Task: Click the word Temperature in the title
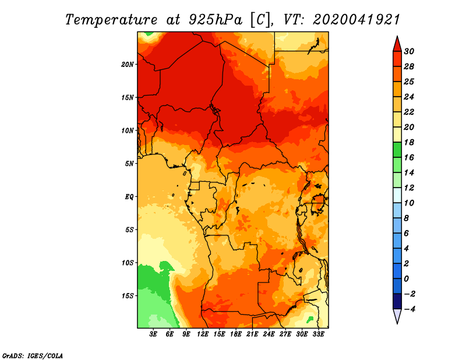(111, 20)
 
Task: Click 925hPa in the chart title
(216, 20)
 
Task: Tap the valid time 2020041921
(356, 20)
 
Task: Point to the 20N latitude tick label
(127, 65)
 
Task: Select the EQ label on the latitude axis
(129, 197)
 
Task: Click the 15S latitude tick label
(127, 296)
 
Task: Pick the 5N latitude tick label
(129, 164)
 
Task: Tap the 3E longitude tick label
(153, 334)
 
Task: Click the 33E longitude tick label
(318, 334)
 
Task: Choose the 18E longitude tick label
(236, 334)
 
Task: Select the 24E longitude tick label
(269, 334)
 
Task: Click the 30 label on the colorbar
(409, 51)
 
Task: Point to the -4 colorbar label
(409, 309)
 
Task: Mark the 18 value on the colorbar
(409, 142)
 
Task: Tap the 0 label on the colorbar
(407, 279)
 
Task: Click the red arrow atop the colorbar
(397, 44)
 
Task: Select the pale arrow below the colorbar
(397, 316)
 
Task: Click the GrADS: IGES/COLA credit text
(33, 356)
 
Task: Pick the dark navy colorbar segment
(397, 301)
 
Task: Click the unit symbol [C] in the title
(260, 20)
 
